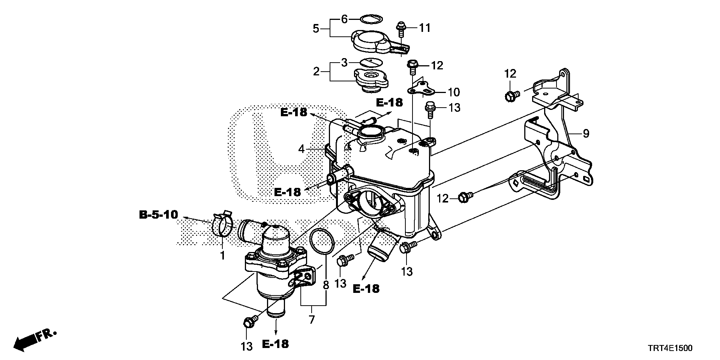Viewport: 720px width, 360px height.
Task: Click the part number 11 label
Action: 424,28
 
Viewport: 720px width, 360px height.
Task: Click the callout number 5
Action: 316,28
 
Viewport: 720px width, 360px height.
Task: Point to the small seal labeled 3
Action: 370,62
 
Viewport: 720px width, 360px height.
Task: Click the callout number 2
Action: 316,71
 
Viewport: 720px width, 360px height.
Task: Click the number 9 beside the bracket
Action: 585,133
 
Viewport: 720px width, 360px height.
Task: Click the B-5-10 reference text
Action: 158,215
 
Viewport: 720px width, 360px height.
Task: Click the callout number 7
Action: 312,320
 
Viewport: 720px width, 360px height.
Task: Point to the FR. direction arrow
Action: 34,339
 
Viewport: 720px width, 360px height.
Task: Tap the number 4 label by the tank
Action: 301,149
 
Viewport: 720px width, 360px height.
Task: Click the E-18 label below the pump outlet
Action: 276,344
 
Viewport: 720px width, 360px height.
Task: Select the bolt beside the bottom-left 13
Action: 250,321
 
